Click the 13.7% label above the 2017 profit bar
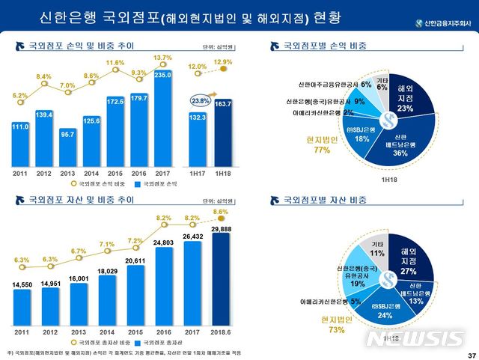click(162, 58)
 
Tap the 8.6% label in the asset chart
click(221, 212)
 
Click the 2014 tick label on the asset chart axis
click(107, 331)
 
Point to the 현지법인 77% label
click(323, 144)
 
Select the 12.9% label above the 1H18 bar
click(223, 62)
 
